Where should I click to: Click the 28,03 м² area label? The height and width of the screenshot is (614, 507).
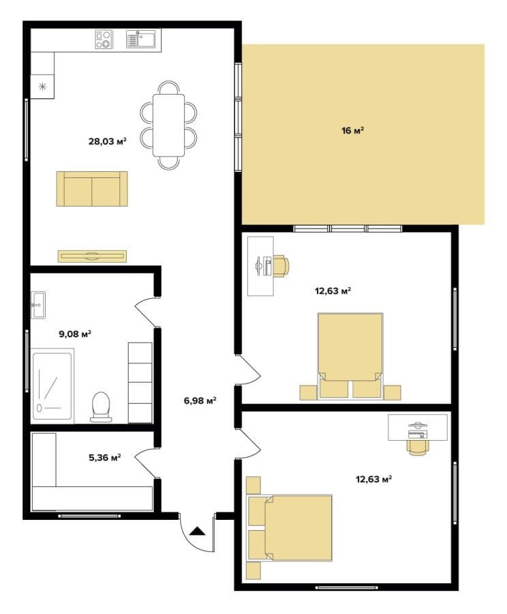[x=107, y=141]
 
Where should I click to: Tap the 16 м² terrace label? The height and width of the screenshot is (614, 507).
[x=352, y=130]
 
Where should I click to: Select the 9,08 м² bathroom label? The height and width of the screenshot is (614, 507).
[x=75, y=334]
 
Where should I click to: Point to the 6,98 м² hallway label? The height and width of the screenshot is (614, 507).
[x=200, y=400]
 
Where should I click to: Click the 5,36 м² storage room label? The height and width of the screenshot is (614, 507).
[x=104, y=457]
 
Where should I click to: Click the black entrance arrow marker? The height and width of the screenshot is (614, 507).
[x=197, y=531]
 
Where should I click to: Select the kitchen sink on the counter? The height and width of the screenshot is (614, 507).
[x=141, y=39]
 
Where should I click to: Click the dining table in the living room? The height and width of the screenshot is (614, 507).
[x=168, y=125]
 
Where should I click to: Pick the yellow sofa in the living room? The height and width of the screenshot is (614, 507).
[x=92, y=189]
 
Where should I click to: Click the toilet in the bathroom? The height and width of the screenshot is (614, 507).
[x=101, y=407]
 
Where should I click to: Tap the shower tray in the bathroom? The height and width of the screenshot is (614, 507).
[x=52, y=386]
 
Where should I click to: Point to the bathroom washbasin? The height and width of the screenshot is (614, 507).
[x=38, y=305]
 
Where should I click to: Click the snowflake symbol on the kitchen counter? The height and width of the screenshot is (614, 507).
[x=42, y=87]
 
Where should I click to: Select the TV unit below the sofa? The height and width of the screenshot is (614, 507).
[x=92, y=256]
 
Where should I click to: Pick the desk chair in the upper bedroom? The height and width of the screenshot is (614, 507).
[x=281, y=266]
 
